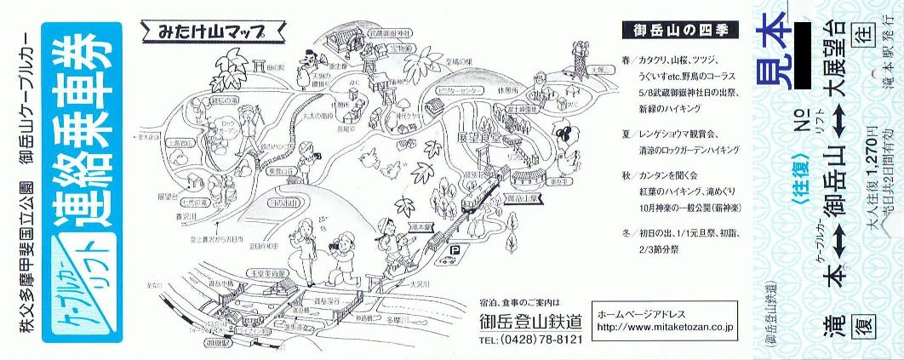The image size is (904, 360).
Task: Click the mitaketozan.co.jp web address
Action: pyautogui.click(x=666, y=327)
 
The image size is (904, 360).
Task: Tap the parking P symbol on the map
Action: pyautogui.click(x=455, y=250)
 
